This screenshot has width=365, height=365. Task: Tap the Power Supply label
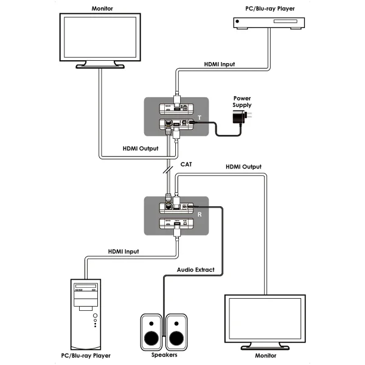click(x=242, y=102)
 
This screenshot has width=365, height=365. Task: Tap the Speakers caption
click(x=162, y=355)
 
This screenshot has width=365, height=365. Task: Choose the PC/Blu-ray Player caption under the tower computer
click(x=87, y=355)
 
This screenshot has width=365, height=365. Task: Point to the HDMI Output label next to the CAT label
click(x=243, y=166)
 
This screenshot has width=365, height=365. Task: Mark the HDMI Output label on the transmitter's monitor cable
click(x=139, y=148)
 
